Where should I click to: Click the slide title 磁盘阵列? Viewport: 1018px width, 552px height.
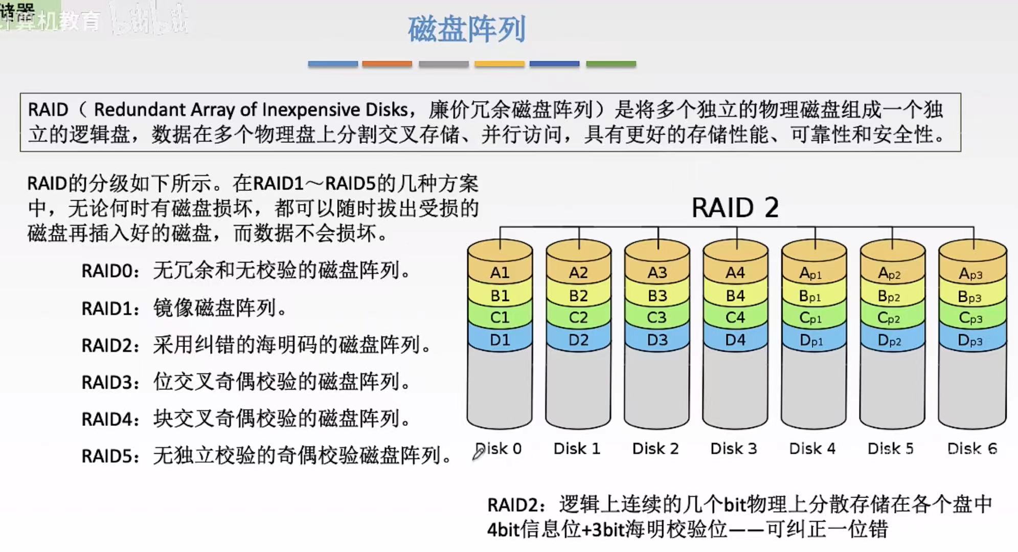(466, 29)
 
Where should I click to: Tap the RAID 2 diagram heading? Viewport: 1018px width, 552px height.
(735, 208)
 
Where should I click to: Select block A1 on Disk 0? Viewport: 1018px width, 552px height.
(500, 273)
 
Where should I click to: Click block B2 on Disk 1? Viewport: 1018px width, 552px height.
(578, 296)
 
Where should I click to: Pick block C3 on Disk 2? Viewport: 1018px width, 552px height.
(657, 318)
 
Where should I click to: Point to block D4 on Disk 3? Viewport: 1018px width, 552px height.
(735, 340)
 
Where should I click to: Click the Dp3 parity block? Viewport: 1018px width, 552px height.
(970, 341)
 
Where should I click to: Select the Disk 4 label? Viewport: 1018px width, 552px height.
(812, 449)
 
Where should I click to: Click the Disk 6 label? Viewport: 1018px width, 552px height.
(972, 449)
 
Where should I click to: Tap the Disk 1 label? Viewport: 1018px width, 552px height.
(577, 449)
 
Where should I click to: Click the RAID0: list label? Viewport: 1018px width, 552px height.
(110, 271)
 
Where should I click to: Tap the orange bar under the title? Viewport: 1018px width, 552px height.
(387, 64)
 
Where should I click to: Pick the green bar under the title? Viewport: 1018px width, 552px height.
(610, 64)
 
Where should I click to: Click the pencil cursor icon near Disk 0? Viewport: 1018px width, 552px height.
(478, 453)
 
